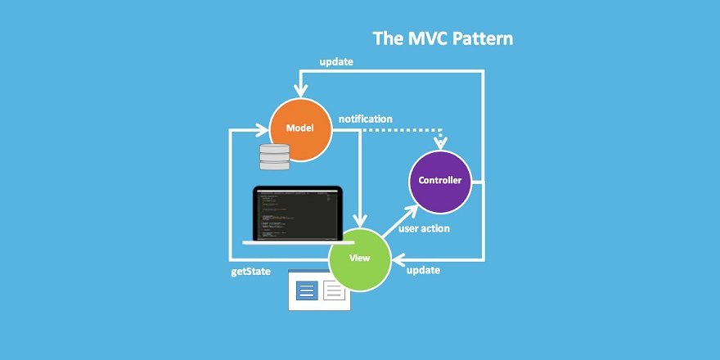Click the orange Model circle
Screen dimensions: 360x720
301,128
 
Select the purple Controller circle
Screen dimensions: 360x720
439,181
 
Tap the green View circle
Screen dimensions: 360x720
360,258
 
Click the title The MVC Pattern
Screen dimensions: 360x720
443,38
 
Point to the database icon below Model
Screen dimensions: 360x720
274,156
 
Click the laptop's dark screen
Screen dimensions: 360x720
299,214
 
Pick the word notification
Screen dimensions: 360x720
365,119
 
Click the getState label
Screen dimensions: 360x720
250,271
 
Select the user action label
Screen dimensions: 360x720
424,228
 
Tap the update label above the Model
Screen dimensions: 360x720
336,62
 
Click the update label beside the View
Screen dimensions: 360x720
424,270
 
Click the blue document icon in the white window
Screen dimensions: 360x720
307,290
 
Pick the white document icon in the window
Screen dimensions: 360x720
334,290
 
